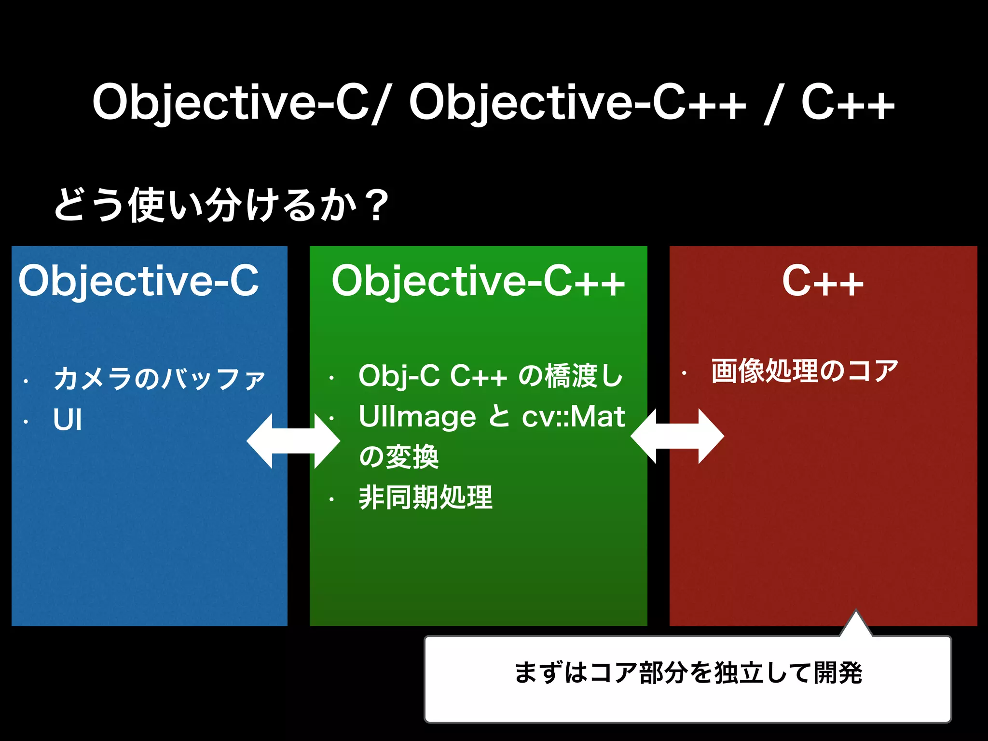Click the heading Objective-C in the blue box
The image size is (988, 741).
pyautogui.click(x=138, y=282)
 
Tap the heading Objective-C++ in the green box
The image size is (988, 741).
pyautogui.click(x=478, y=282)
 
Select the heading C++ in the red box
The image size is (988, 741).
pyautogui.click(x=823, y=282)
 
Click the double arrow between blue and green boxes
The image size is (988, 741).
pyautogui.click(x=293, y=441)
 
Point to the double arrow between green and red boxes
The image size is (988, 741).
pyautogui.click(x=677, y=436)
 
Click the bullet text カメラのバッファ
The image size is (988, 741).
pyautogui.click(x=159, y=378)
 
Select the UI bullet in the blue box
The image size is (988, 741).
pyautogui.click(x=68, y=420)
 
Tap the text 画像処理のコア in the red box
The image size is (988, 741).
pyautogui.click(x=805, y=371)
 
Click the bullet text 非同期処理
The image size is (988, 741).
pyautogui.click(x=425, y=498)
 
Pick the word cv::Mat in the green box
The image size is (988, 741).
pyautogui.click(x=574, y=416)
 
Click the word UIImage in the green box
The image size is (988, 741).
pyautogui.click(x=418, y=416)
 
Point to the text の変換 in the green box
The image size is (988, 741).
pyautogui.click(x=398, y=457)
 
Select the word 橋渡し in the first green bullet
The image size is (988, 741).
pyautogui.click(x=584, y=376)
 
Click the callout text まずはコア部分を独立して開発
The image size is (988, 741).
pyautogui.click(x=688, y=673)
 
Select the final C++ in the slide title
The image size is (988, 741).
pyautogui.click(x=848, y=103)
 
